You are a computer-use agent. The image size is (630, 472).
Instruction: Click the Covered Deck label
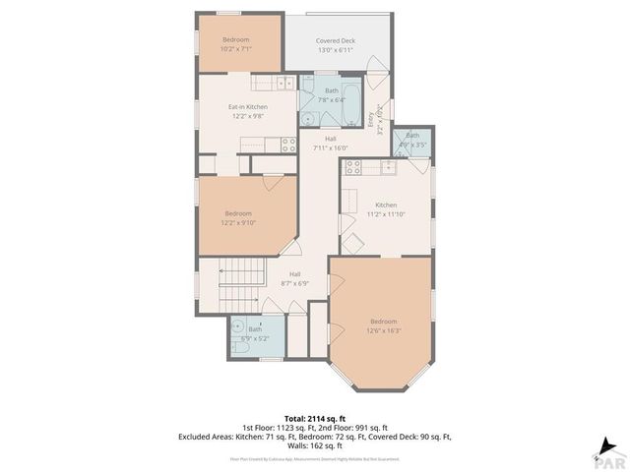point(336,41)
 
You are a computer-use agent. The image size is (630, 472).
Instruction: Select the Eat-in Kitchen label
point(248,106)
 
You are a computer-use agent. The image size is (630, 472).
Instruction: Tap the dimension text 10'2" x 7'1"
point(236,47)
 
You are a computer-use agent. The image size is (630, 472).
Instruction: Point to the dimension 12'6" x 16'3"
point(384,330)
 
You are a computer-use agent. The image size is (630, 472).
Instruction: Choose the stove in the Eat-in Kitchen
point(287,144)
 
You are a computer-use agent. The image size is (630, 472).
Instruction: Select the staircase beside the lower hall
point(242,282)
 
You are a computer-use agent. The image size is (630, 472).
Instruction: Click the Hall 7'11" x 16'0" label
point(331,144)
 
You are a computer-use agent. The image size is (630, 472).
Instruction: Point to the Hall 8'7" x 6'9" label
point(294,279)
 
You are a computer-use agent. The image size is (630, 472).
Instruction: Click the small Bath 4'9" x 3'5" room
point(412,140)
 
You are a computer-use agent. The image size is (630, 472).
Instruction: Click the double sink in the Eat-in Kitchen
point(266,84)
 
